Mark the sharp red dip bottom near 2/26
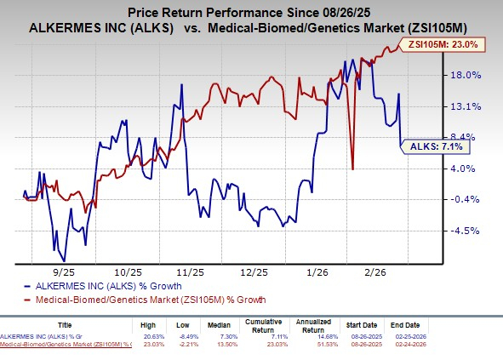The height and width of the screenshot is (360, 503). click(352, 169)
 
